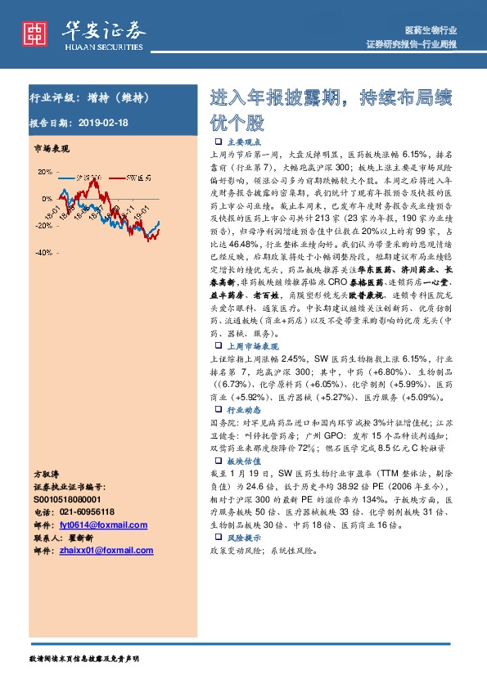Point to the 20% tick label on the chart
click(43, 172)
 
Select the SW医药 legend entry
click(137, 177)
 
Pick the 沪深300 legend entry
click(85, 177)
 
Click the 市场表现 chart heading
click(51, 151)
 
